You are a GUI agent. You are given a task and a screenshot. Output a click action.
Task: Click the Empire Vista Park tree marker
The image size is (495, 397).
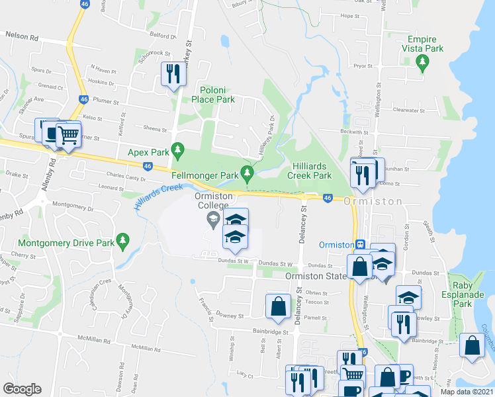[422, 64]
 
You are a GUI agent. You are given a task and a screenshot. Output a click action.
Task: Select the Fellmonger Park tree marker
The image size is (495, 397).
[247, 174]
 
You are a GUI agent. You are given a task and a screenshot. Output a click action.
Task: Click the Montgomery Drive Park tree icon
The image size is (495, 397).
[122, 241]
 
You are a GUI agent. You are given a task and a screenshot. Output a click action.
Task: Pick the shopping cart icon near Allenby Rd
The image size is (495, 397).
[68, 135]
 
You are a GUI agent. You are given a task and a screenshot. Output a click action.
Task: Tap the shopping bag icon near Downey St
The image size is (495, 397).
[278, 305]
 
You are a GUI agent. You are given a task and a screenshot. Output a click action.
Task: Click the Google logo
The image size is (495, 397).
[22, 389]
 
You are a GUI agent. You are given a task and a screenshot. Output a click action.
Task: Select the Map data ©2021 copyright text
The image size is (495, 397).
[467, 392]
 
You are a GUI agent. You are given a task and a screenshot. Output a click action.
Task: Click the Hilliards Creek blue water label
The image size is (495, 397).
[158, 196]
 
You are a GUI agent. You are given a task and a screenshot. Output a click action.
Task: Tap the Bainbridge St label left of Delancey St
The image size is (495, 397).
[271, 331]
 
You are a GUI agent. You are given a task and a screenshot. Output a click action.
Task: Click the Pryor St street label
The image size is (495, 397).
[363, 66]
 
